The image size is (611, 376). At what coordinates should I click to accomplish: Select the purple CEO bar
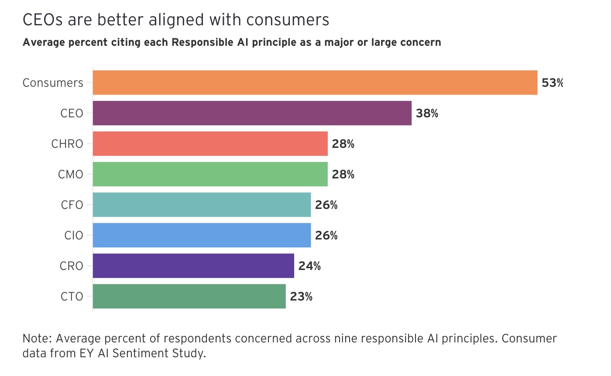(x=252, y=113)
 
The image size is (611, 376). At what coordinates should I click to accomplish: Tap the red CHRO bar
(x=210, y=144)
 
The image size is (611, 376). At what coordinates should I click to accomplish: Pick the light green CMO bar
(x=210, y=174)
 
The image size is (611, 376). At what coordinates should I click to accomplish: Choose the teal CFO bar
(x=202, y=205)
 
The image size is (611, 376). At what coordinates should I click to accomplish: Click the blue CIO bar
(x=202, y=235)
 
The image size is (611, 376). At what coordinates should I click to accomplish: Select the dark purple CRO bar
(x=193, y=266)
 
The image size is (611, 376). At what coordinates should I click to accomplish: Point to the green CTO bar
(x=189, y=296)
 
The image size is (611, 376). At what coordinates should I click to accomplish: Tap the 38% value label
(x=427, y=113)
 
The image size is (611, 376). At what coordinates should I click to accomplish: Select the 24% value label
(x=309, y=266)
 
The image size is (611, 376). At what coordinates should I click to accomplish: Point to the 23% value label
(x=301, y=297)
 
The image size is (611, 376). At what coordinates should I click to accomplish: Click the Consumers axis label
(x=53, y=83)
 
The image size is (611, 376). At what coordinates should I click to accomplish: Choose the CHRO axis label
(x=67, y=144)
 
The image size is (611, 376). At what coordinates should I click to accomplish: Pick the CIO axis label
(x=73, y=236)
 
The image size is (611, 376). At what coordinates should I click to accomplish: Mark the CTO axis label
(x=72, y=297)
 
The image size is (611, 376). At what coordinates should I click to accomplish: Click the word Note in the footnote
(x=36, y=338)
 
